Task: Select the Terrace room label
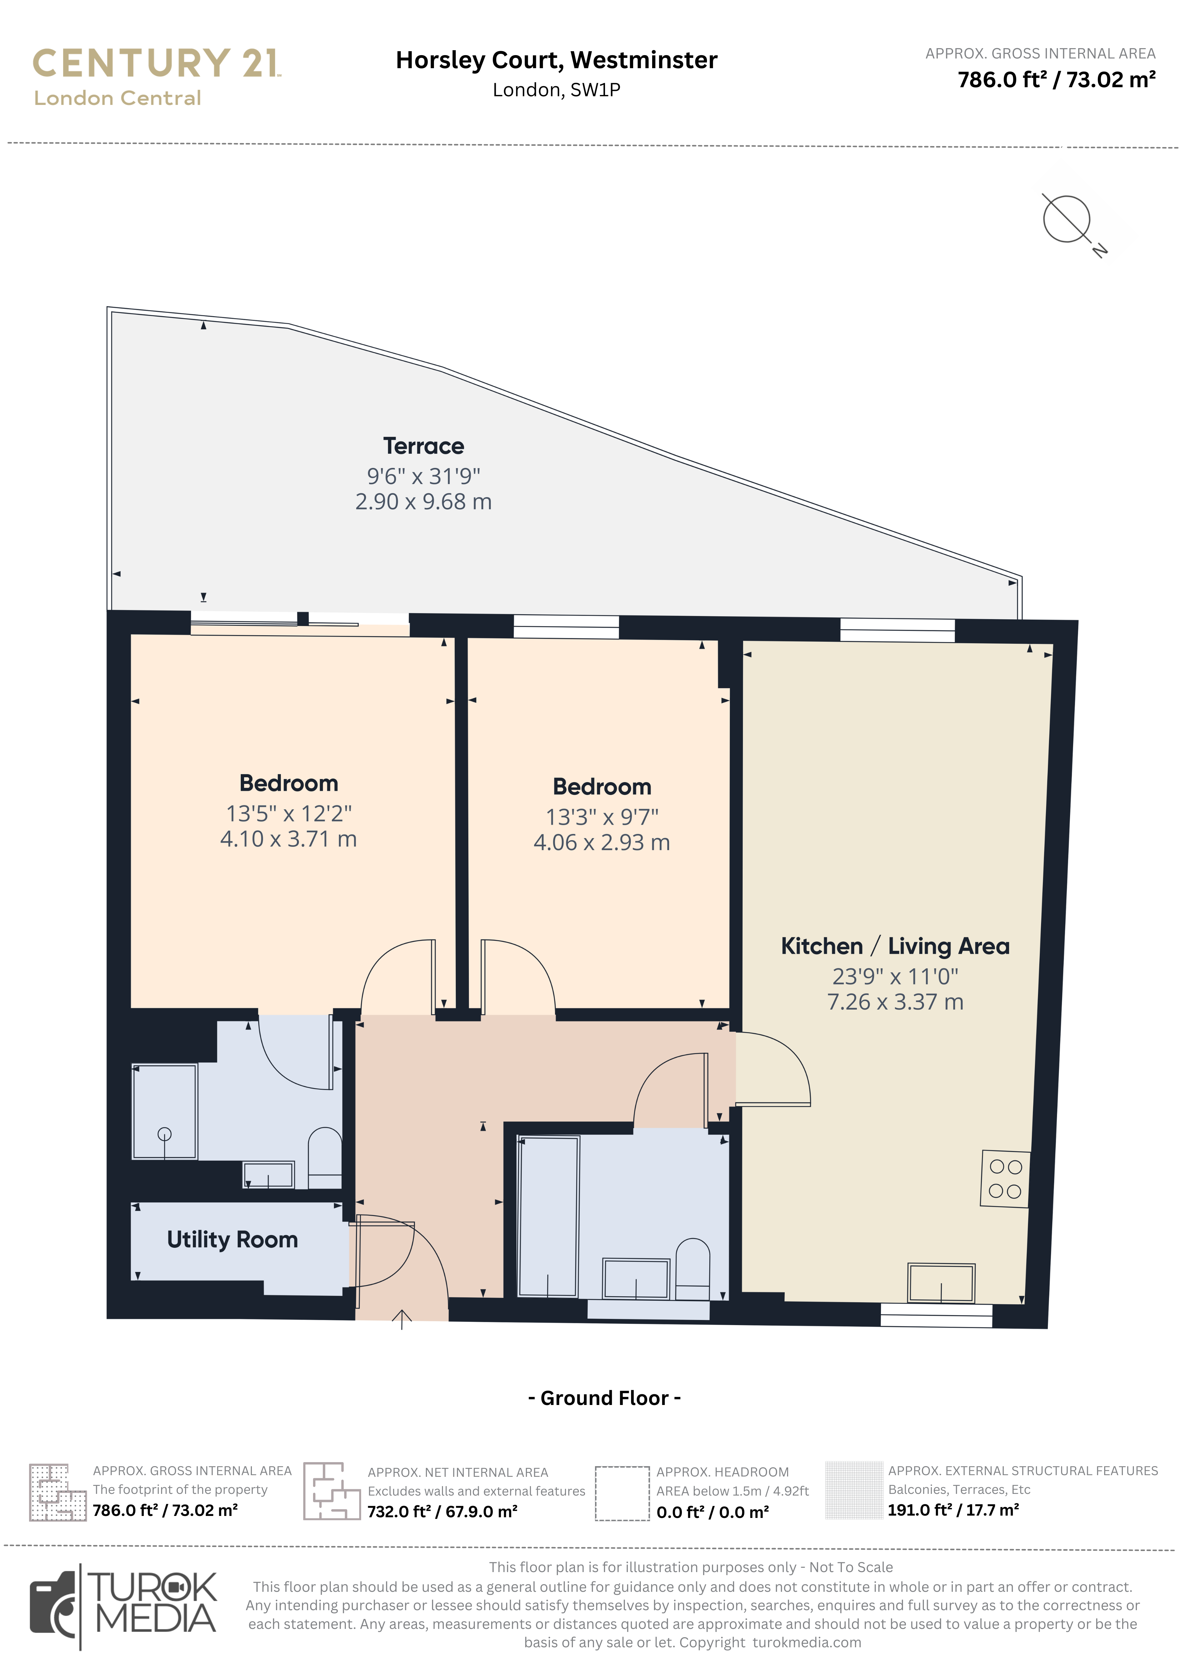pyautogui.click(x=424, y=445)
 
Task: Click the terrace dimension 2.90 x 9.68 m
pyautogui.click(x=424, y=501)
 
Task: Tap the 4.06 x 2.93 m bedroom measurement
pyautogui.click(x=602, y=842)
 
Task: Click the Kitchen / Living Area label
pyautogui.click(x=895, y=946)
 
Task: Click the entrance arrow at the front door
pyautogui.click(x=402, y=1319)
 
